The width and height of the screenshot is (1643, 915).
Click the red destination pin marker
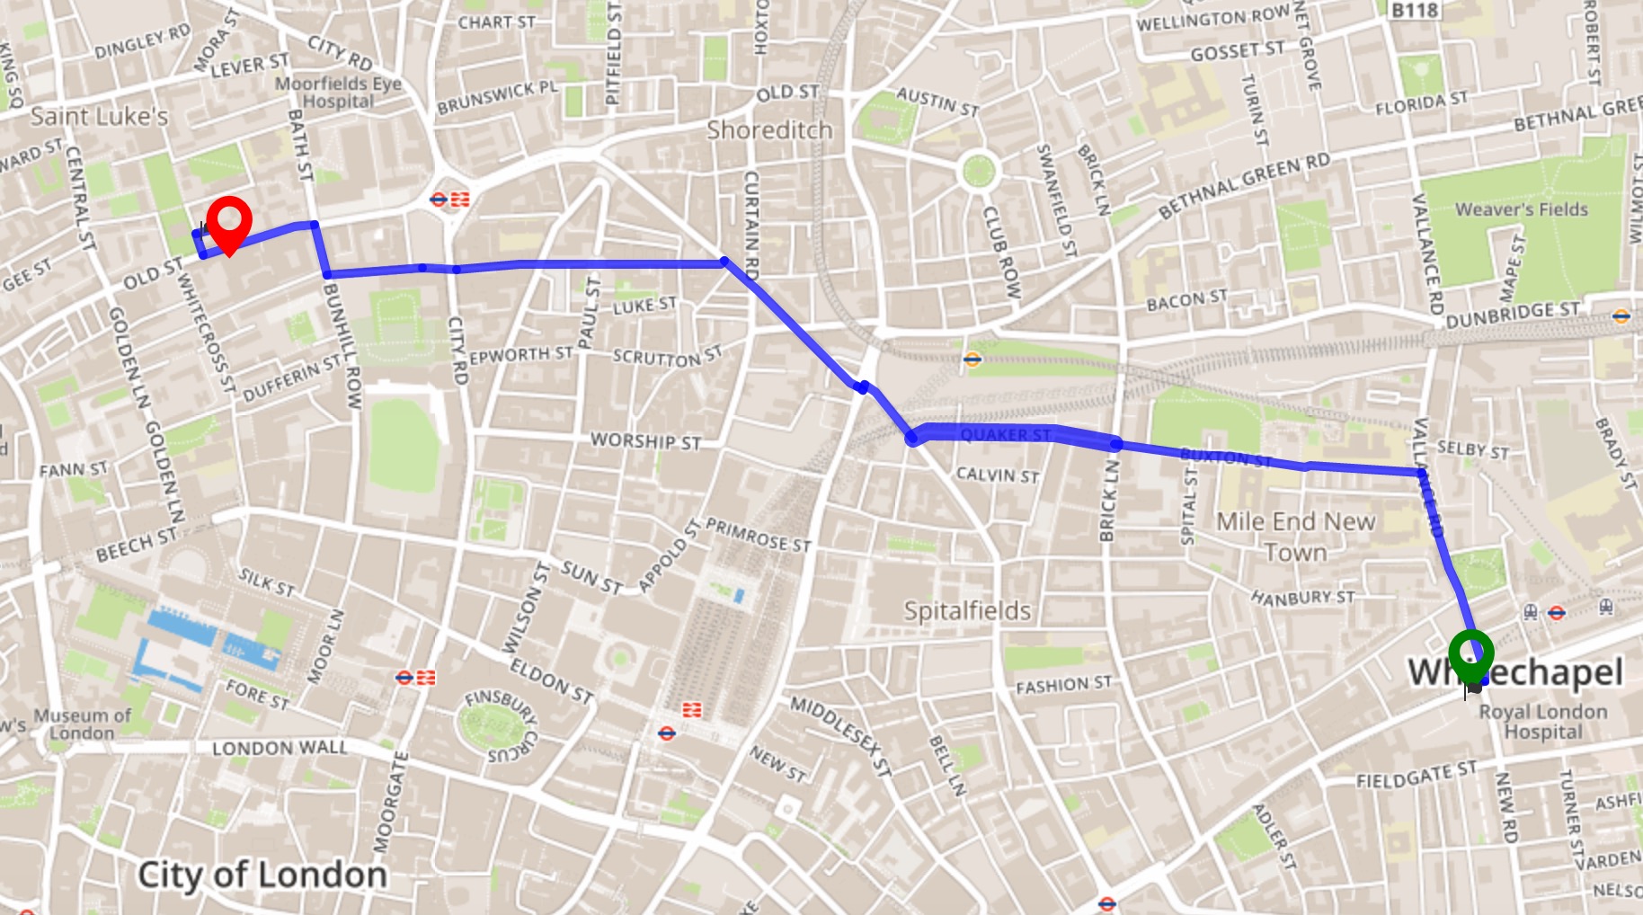click(x=229, y=221)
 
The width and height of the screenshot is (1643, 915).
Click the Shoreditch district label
click(x=769, y=130)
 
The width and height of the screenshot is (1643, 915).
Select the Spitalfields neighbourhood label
click(x=967, y=611)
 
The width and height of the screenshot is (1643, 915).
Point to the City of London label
click(x=262, y=875)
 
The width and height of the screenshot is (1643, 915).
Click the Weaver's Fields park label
click(x=1521, y=209)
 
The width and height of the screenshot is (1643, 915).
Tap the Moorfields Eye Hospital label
click(x=338, y=93)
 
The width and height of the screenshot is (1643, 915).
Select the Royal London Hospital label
click(x=1543, y=722)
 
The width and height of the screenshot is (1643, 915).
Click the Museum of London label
click(x=83, y=724)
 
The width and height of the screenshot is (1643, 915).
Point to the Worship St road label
click(x=645, y=441)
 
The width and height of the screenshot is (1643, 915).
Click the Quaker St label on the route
click(x=1005, y=435)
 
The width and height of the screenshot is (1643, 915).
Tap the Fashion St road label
click(x=1063, y=685)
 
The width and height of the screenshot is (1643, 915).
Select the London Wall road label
click(x=280, y=748)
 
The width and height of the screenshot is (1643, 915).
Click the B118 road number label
click(x=1415, y=10)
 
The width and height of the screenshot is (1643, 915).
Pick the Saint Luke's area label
click(x=99, y=117)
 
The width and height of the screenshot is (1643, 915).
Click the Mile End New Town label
click(x=1295, y=537)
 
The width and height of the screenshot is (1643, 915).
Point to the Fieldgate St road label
click(x=1416, y=775)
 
